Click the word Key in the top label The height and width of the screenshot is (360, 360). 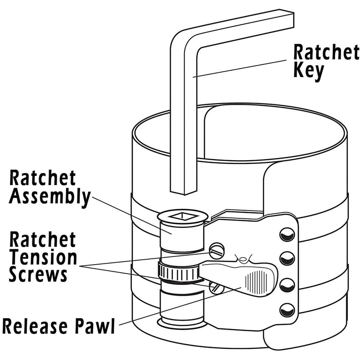click(309, 71)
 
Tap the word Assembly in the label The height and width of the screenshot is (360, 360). click(49, 197)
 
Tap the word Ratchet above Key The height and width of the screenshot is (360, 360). click(326, 52)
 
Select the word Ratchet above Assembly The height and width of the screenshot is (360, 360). click(42, 178)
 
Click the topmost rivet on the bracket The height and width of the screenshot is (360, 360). click(287, 234)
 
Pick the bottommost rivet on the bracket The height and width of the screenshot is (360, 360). click(287, 310)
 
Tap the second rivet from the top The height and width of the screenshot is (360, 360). click(287, 258)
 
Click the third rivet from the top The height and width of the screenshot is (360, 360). click(287, 285)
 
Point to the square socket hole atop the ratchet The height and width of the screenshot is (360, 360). click(182, 216)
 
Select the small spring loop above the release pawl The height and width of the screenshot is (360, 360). click(243, 260)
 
